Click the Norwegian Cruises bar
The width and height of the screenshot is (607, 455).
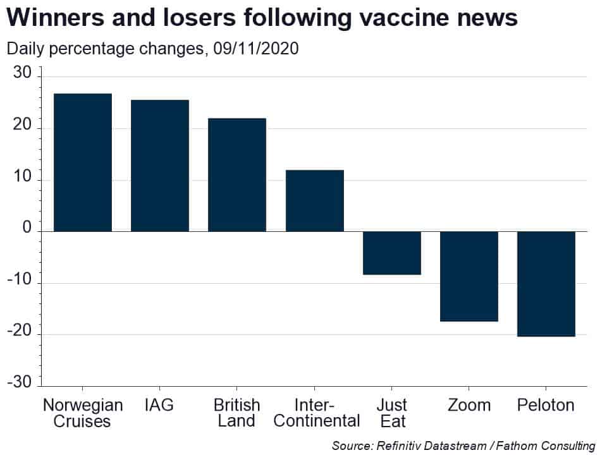point(82,162)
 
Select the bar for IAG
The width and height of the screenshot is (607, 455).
point(159,166)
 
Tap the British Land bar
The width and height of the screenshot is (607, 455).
point(237,174)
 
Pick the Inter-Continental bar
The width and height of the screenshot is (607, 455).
point(314,200)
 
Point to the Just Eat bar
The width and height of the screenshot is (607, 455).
point(391,253)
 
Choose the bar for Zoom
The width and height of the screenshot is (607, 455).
point(469,276)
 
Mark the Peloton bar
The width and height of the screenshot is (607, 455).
point(546,284)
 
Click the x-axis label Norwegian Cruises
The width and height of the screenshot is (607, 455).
point(82,412)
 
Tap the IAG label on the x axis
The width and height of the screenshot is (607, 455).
point(159,404)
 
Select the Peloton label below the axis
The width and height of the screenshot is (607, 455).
point(546,404)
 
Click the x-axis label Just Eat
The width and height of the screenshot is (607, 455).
point(391,412)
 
